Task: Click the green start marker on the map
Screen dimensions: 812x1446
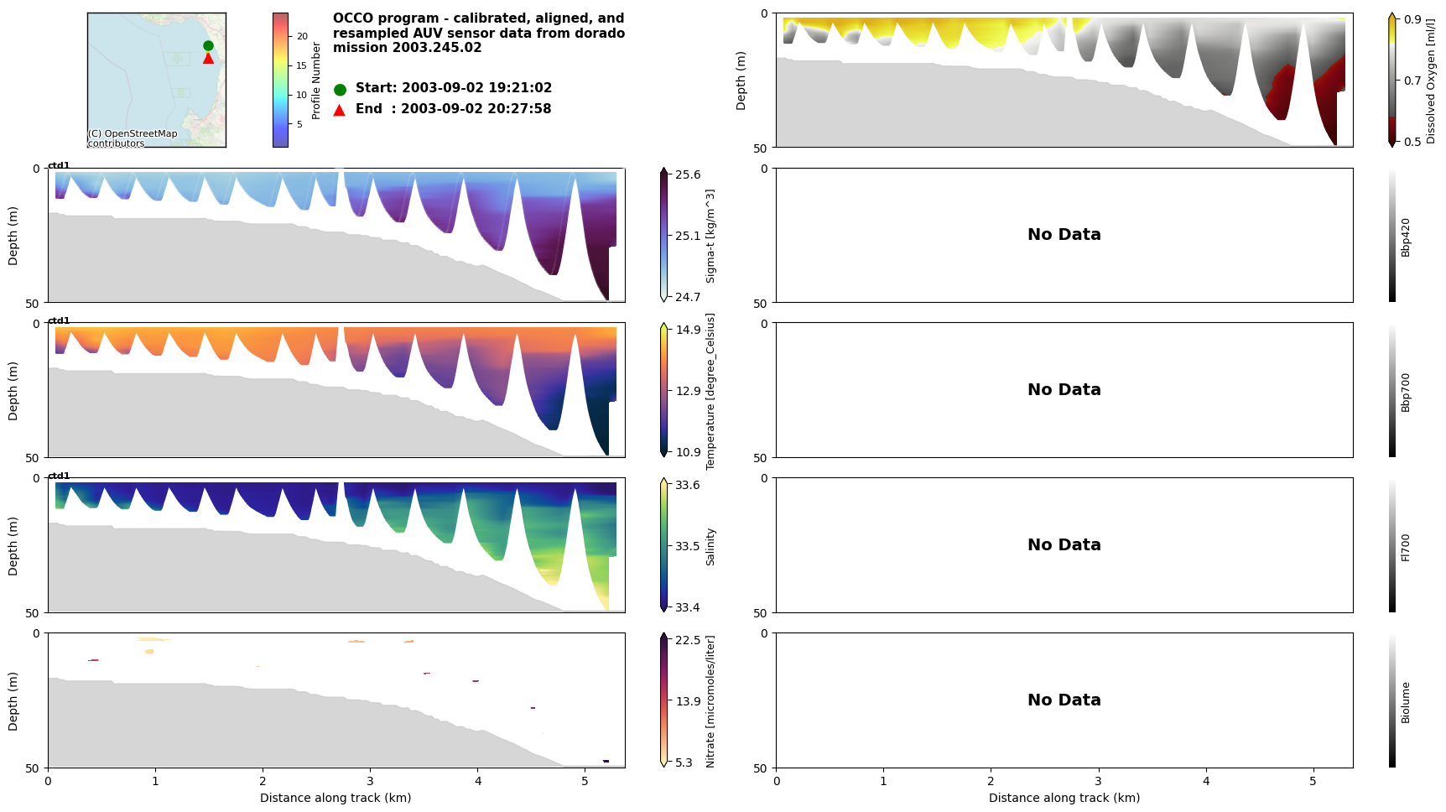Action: (208, 46)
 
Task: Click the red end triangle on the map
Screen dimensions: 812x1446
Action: (208, 58)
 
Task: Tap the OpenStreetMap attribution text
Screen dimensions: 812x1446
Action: (133, 138)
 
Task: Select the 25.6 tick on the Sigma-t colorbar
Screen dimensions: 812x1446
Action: (688, 174)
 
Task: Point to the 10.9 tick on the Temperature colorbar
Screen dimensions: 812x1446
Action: (688, 452)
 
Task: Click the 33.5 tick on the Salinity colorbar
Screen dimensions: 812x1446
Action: (688, 546)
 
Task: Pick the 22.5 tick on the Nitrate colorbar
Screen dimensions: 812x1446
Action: (688, 640)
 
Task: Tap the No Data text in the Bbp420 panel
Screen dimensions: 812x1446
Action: (1064, 235)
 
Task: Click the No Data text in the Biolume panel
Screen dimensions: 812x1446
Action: (1064, 700)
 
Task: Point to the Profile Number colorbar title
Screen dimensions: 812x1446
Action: (316, 81)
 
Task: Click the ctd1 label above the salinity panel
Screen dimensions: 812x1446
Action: (59, 476)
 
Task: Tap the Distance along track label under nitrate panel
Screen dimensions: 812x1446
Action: (335, 798)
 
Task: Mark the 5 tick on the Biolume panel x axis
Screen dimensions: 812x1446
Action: (1313, 781)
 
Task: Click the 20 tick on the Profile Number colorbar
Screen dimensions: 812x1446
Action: (302, 36)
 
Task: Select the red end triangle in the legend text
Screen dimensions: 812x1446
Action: (339, 110)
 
